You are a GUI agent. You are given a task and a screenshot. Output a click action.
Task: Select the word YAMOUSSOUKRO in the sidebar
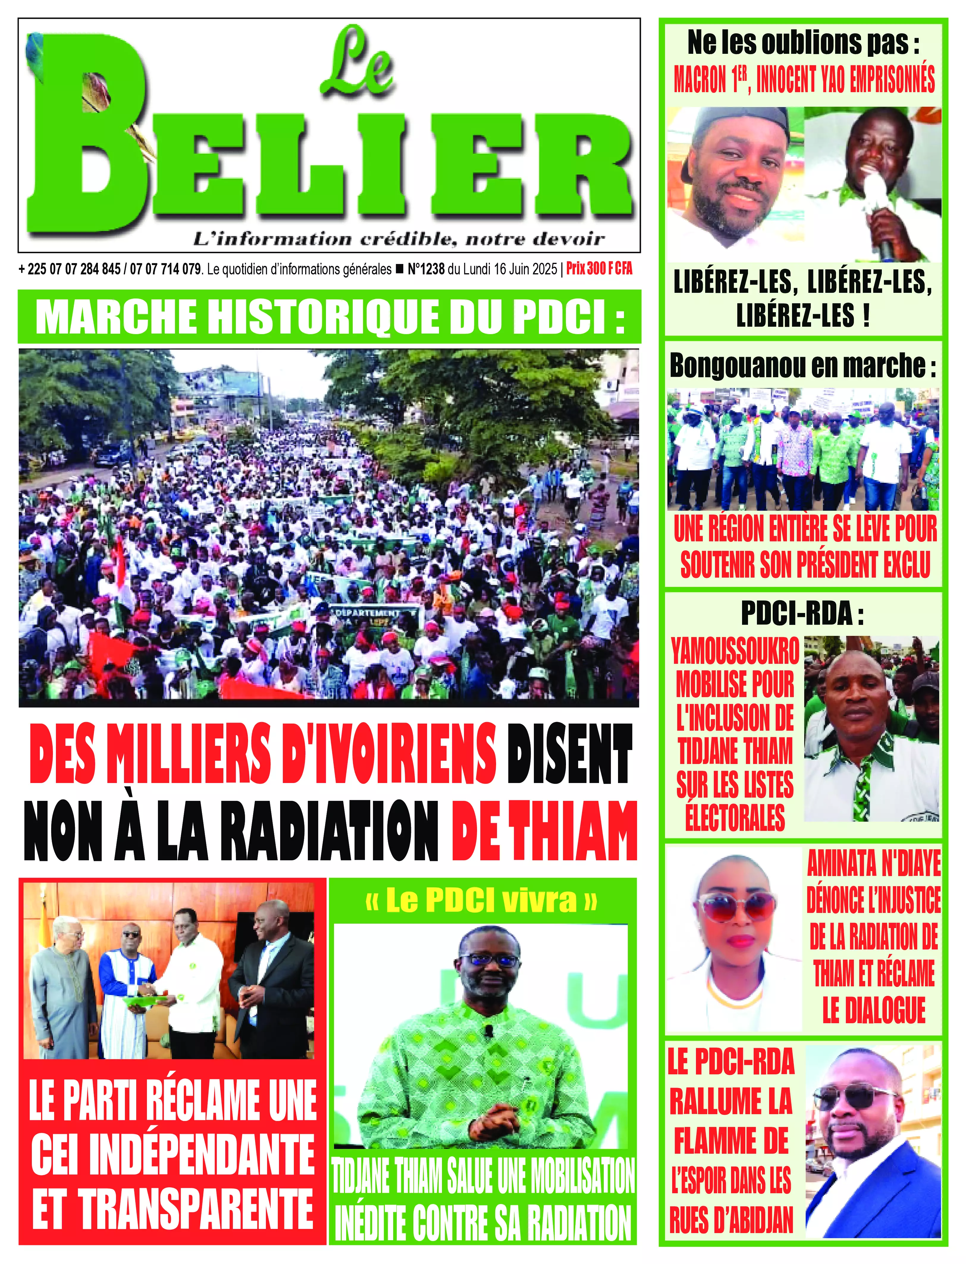[x=735, y=651]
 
